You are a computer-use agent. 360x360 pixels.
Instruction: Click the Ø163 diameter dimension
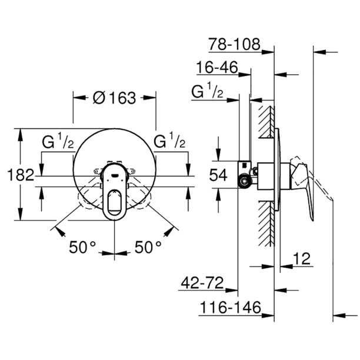114,98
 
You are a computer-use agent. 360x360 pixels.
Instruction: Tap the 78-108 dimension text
234,45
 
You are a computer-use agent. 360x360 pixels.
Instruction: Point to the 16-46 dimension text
217,69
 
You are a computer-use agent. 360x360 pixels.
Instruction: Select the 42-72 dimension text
202,284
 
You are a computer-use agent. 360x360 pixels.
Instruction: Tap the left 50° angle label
82,248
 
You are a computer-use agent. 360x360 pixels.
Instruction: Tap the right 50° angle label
147,248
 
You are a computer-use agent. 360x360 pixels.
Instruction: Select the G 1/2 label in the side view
207,92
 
